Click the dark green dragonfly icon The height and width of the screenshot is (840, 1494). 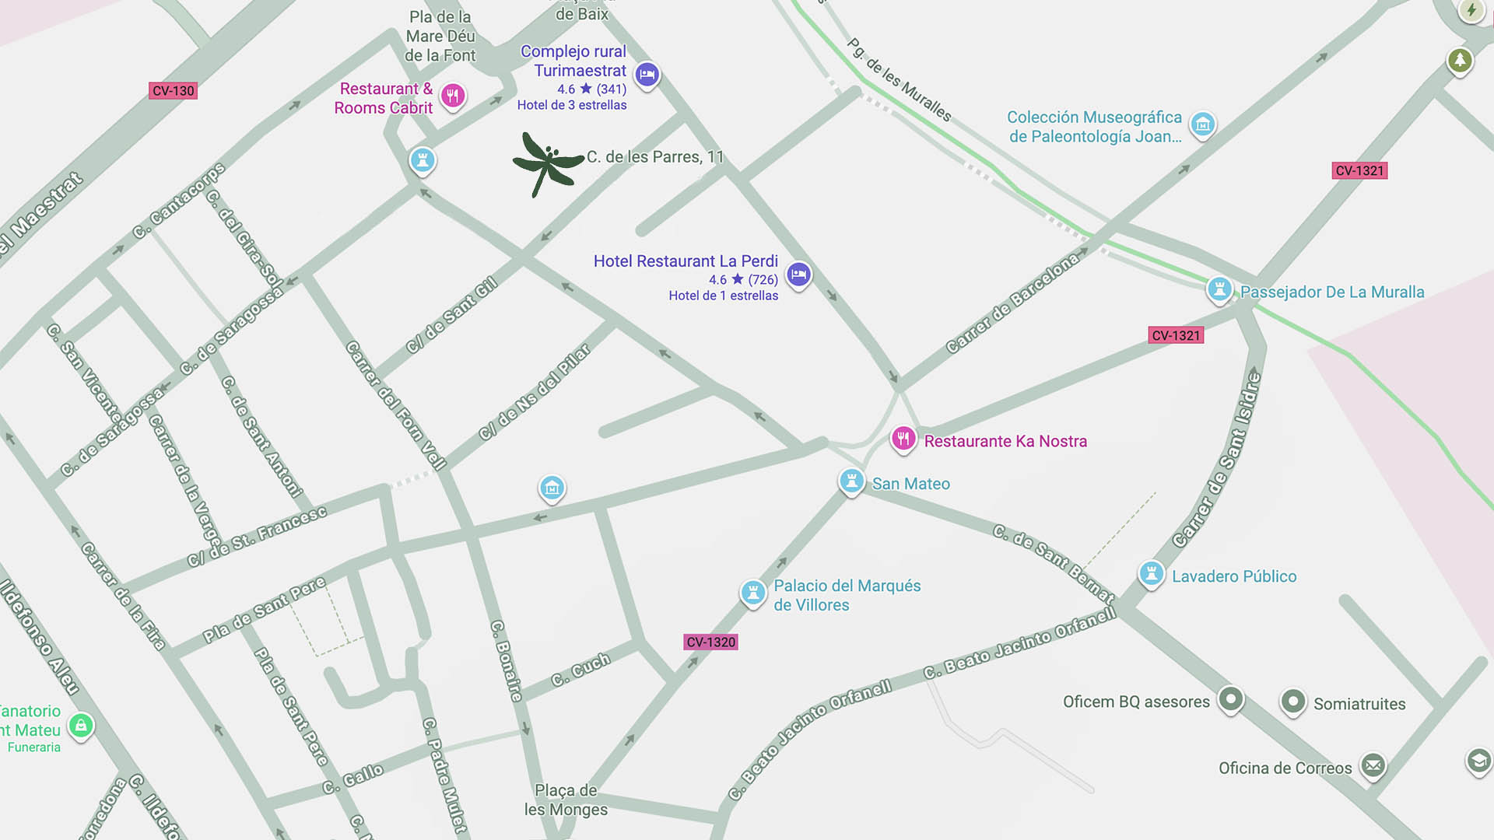(x=547, y=163)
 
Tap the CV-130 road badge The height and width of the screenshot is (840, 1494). (x=173, y=91)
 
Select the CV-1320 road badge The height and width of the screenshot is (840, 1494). (x=710, y=642)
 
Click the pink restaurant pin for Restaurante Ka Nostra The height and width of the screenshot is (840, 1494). (x=903, y=439)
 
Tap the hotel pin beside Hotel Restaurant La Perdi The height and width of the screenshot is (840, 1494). (x=798, y=275)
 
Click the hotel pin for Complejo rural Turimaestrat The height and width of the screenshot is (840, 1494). (x=647, y=75)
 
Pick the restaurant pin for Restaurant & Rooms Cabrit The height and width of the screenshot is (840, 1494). (x=453, y=96)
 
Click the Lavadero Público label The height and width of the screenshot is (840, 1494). (x=1233, y=576)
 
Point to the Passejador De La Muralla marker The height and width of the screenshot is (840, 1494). (x=1219, y=289)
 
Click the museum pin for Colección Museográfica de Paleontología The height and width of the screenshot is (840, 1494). (x=1203, y=124)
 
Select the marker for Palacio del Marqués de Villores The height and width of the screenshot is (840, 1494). (x=752, y=592)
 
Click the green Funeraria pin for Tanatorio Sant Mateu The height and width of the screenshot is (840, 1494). (x=81, y=726)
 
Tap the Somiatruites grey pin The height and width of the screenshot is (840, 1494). (x=1292, y=702)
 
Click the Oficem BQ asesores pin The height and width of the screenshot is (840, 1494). (x=1230, y=698)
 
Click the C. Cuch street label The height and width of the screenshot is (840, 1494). (x=580, y=670)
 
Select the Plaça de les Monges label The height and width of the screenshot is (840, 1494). (x=566, y=800)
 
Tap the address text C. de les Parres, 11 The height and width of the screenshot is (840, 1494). (x=654, y=157)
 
